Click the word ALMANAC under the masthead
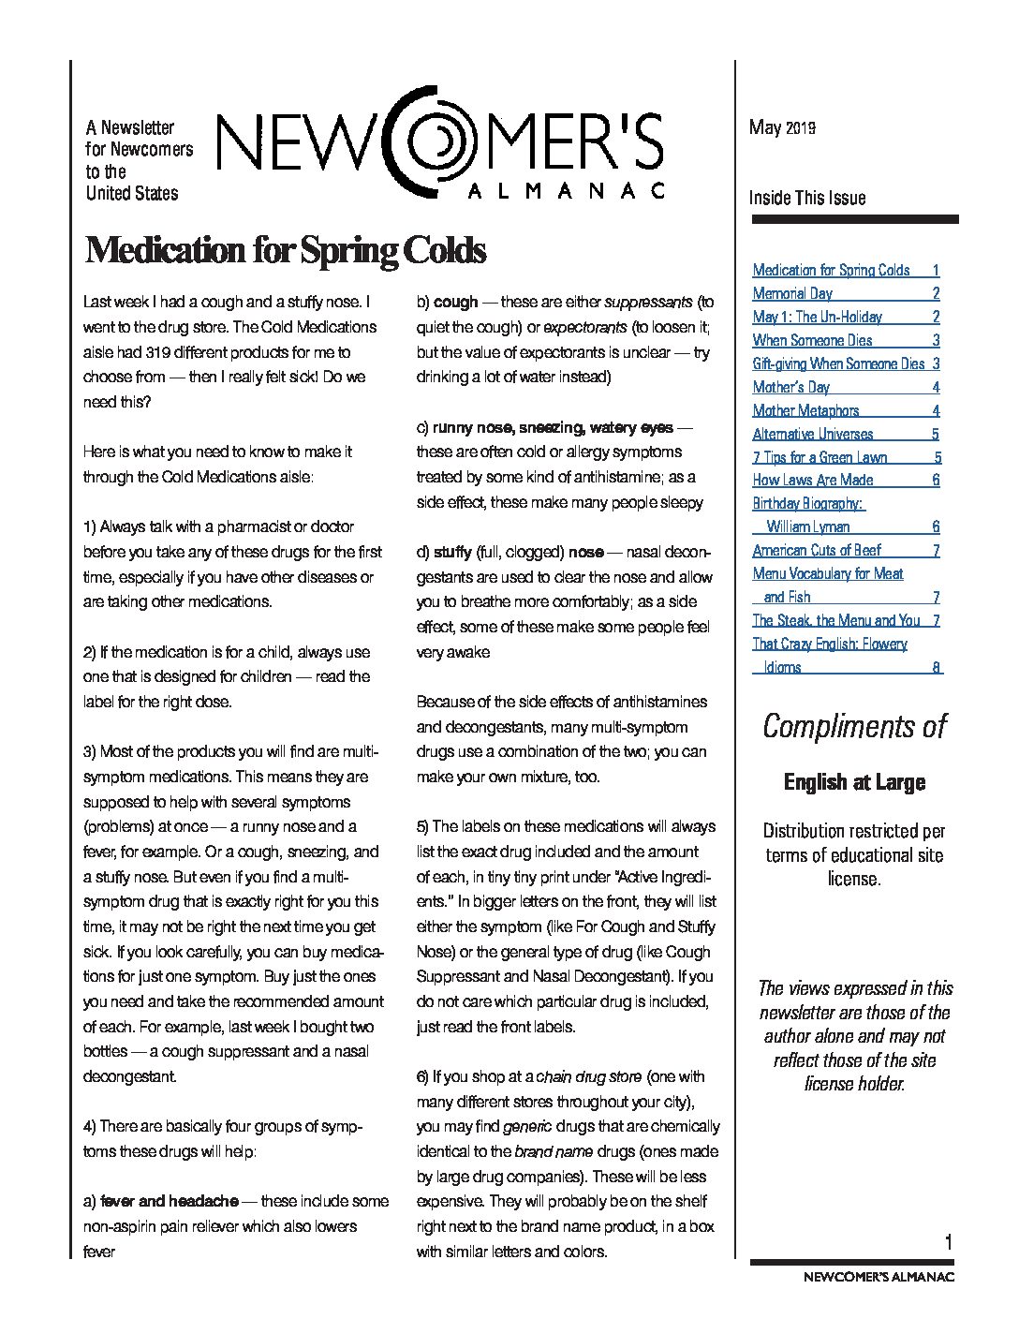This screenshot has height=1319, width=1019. coord(565,190)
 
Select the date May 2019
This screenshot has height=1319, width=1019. coord(782,127)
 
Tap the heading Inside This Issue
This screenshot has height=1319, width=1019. coord(806,198)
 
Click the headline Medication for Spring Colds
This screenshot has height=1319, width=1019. coord(286,251)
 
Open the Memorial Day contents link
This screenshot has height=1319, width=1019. coord(792,293)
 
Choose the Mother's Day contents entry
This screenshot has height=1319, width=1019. coord(790,387)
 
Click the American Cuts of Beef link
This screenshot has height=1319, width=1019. coord(816,550)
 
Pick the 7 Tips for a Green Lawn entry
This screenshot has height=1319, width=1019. coord(820,457)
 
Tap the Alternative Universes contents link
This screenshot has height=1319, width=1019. coord(812,434)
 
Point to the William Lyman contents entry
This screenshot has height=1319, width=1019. coord(807,526)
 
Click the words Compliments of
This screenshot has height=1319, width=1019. coord(854,726)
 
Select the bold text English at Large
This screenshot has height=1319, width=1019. coord(854,782)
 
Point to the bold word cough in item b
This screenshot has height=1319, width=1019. coord(456,303)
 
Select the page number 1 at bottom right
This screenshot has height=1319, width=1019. coord(949,1242)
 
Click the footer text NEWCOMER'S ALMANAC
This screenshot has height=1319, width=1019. coord(879,1277)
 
